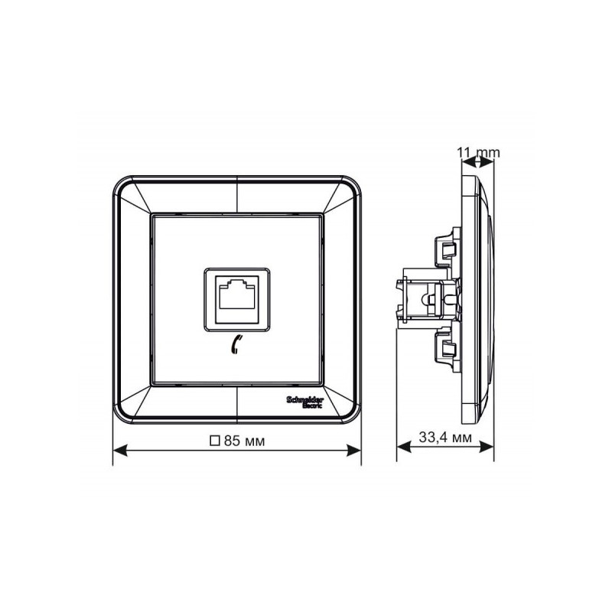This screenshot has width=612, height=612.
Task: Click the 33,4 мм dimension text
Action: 444,438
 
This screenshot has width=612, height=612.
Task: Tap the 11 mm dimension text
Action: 478,152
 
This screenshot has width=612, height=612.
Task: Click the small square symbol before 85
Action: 215,441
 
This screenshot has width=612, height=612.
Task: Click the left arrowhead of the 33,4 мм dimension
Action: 400,451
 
